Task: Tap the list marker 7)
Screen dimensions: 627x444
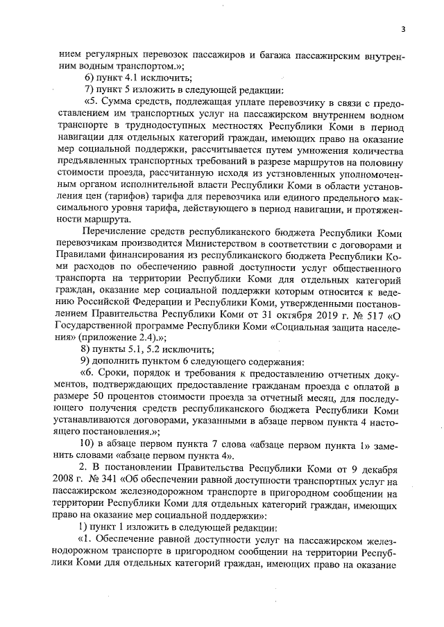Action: click(x=88, y=90)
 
